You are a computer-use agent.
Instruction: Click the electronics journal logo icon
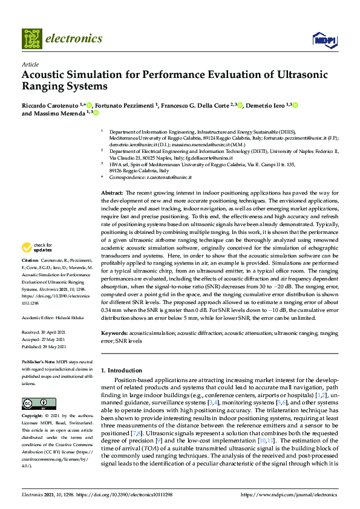tap(32, 38)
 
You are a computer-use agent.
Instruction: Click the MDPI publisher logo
tap(323, 39)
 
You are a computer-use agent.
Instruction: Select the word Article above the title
tap(30, 63)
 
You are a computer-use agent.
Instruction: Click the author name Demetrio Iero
tap(266, 105)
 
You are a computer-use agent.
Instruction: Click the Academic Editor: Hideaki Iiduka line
tap(50, 317)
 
